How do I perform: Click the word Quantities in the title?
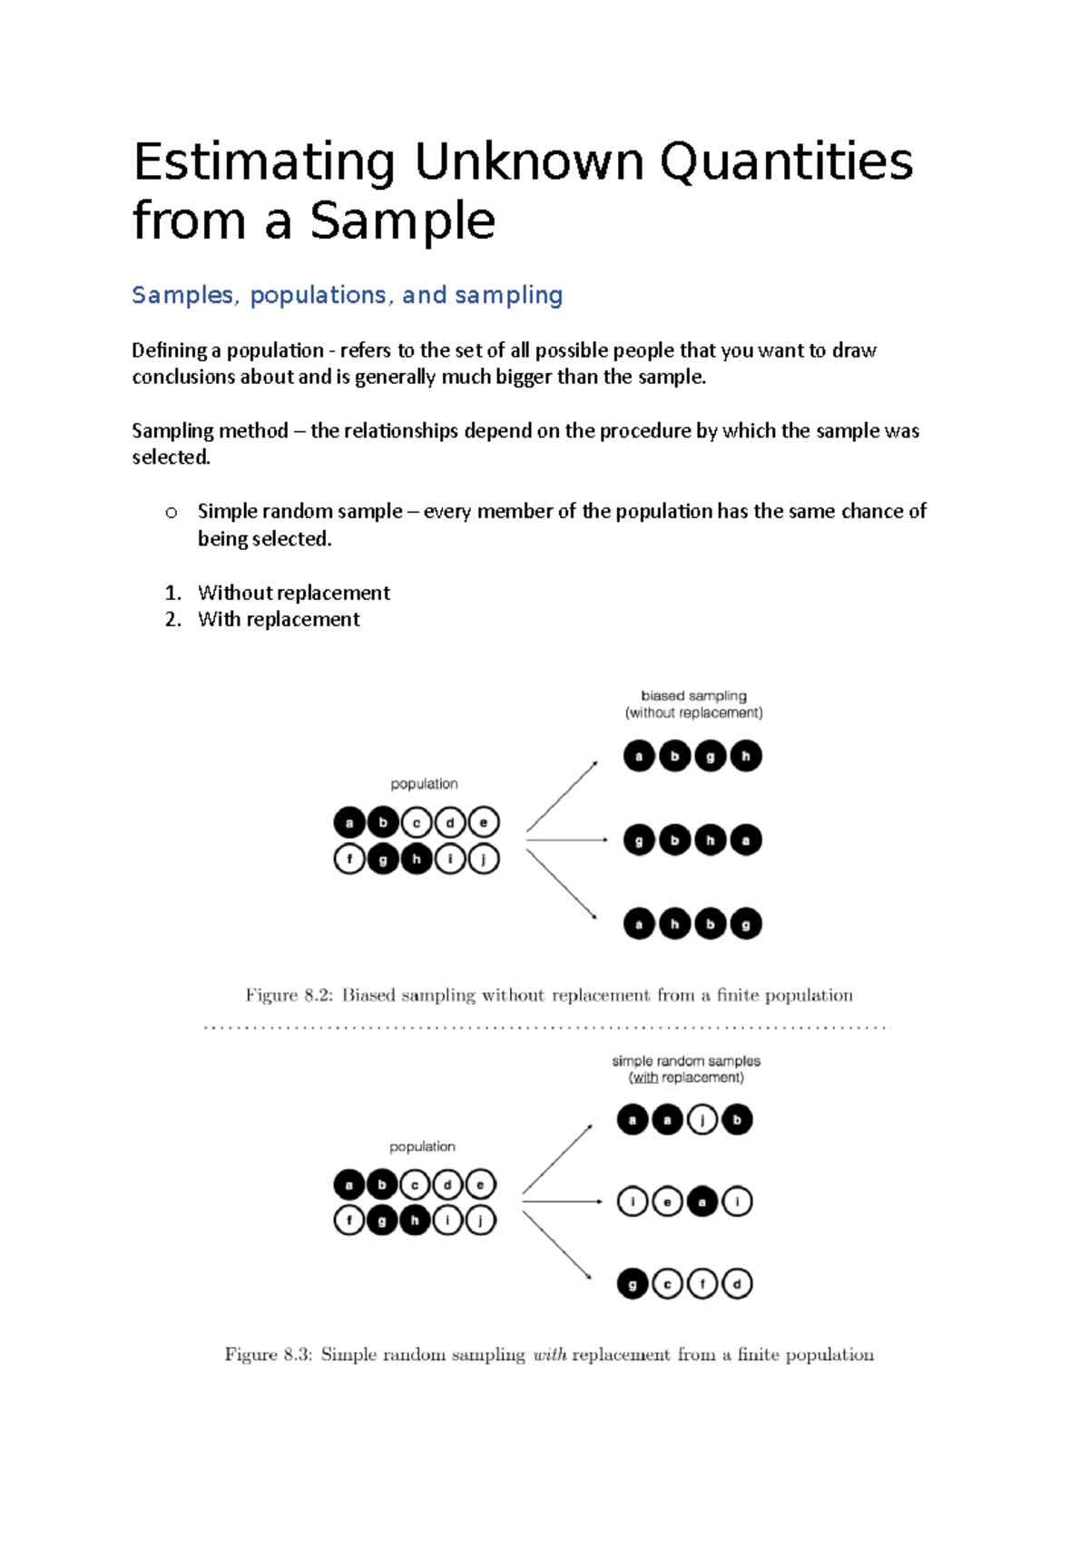[786, 163]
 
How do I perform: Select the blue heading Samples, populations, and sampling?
[347, 295]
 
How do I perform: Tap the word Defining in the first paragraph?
[169, 350]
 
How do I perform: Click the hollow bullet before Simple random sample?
[172, 513]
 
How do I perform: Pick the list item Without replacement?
[294, 593]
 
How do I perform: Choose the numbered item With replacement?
[279, 619]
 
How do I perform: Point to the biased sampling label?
[693, 696]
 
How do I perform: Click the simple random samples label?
[686, 1061]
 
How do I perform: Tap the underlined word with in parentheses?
[645, 1078]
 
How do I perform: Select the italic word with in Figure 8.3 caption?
[550, 1355]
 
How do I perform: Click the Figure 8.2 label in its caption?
[289, 996]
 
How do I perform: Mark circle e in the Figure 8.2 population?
[484, 823]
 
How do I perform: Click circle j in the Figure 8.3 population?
[481, 1221]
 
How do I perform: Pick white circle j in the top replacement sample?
[702, 1120]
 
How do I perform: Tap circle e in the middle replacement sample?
[667, 1202]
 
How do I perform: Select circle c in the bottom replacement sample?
[667, 1284]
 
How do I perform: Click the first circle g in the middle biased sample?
[639, 840]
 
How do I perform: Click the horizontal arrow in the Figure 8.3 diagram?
[563, 1202]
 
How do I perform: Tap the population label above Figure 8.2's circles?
[424, 784]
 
